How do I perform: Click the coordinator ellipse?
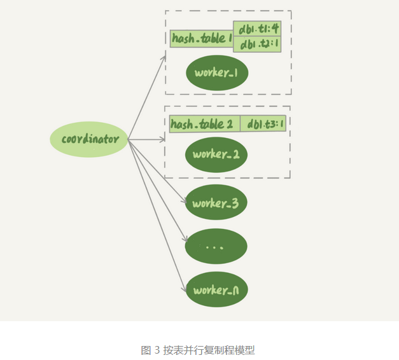coord(89,139)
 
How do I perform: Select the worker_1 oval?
coord(216,73)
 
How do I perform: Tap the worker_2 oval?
coord(216,155)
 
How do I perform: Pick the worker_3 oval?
coord(216,204)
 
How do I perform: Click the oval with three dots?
coord(216,246)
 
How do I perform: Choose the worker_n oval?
coord(216,291)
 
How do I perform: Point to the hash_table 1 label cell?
coord(202,38)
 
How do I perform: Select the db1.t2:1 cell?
coord(257,45)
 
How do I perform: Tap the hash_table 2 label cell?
coord(205,123)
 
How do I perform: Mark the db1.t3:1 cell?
coord(263,123)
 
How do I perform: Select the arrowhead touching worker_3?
coord(185,200)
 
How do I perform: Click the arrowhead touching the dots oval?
coord(186,241)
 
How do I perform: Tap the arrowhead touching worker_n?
coord(186,286)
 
